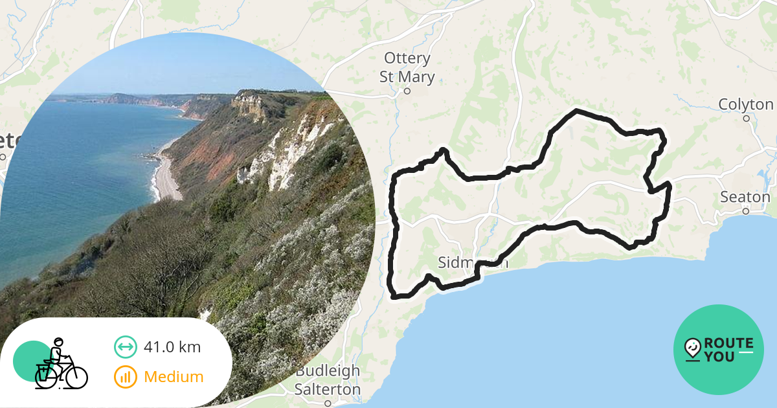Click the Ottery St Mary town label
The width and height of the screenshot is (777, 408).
point(407,67)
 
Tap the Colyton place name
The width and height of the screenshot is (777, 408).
point(746,104)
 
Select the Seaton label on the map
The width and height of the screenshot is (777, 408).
point(746,197)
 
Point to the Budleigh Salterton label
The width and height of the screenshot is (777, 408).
point(328,380)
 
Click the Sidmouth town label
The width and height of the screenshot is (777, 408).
point(473,263)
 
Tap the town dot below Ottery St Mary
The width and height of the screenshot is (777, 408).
point(407,91)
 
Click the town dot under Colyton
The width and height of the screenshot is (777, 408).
point(746,119)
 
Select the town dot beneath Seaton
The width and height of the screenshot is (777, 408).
point(746,211)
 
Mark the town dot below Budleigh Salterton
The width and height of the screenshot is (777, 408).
point(328,403)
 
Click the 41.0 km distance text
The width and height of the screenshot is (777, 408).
point(172,347)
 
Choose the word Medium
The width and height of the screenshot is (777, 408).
point(174,376)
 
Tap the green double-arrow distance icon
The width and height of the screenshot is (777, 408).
point(125,347)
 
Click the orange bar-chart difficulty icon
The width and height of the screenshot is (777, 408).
point(125,376)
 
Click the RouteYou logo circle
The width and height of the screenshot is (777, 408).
point(719,350)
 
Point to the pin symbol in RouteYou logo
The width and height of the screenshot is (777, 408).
point(693,349)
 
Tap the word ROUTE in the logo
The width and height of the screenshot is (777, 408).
point(728,343)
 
